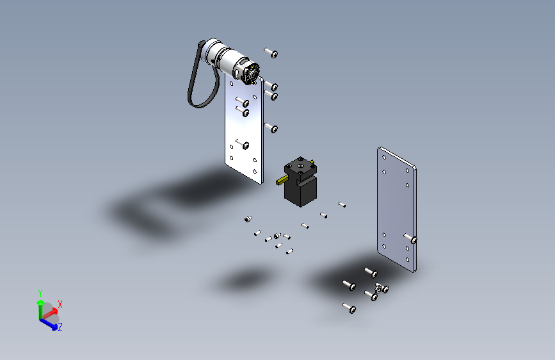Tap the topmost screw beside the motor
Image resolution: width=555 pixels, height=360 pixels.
click(271, 53)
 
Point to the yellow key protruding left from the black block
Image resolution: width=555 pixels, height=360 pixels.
click(282, 181)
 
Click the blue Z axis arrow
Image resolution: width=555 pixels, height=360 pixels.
click(50, 324)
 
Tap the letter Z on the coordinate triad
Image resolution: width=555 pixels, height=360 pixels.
click(60, 327)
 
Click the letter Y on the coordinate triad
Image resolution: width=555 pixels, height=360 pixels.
click(40, 293)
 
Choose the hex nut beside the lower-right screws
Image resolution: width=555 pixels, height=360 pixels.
click(382, 290)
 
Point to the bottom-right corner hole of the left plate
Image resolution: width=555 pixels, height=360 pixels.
click(257, 172)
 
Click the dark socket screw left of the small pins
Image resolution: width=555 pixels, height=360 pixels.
click(248, 220)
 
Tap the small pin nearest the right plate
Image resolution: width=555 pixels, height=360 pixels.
click(342, 205)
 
